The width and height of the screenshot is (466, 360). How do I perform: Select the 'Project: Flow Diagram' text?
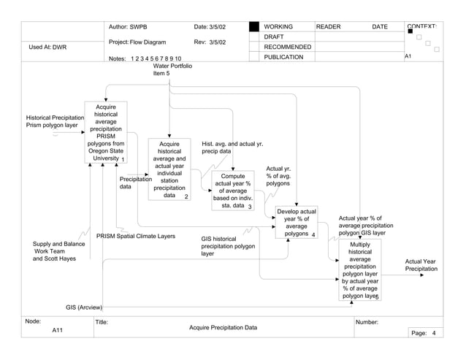[x=137, y=42]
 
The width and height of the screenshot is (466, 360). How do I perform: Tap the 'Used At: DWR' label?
[x=47, y=47]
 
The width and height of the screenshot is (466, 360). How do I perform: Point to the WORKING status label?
[x=278, y=27]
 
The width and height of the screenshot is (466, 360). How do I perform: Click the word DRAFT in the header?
[x=274, y=37]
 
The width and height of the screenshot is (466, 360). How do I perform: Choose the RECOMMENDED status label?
[x=287, y=47]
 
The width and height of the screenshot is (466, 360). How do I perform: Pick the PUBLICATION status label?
[x=283, y=57]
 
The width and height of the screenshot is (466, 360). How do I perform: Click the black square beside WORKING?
[x=253, y=27]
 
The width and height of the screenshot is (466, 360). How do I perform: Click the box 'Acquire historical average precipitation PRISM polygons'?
[x=106, y=132]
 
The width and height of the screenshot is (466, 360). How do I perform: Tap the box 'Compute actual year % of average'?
[x=232, y=191]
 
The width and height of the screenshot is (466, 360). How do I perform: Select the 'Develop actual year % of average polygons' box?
[x=296, y=223]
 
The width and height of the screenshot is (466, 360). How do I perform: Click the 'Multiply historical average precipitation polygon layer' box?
[x=359, y=270]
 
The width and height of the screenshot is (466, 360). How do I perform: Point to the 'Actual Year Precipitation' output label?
[x=420, y=266]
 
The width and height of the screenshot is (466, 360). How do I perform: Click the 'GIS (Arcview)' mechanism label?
[x=84, y=307]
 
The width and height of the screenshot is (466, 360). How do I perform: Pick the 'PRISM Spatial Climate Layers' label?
[x=136, y=237]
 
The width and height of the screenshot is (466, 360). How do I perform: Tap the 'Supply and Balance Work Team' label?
[x=58, y=251]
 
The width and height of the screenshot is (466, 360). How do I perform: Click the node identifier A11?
[x=58, y=331]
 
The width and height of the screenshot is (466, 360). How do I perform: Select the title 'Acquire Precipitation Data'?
[x=223, y=328]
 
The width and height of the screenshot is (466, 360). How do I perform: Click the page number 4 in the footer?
[x=433, y=333]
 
